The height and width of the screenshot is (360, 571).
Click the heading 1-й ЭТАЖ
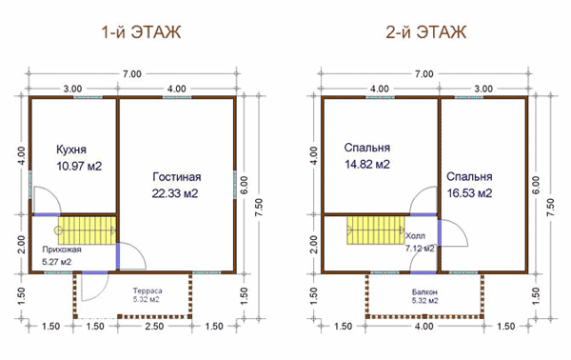click(x=141, y=32)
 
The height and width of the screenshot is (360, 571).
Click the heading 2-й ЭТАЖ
click(x=426, y=32)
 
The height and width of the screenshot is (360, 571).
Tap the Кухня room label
click(x=71, y=150)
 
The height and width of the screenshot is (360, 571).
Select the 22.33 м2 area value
click(x=175, y=193)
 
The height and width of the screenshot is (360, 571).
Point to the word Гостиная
click(x=177, y=177)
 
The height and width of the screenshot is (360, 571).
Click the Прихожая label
click(x=62, y=250)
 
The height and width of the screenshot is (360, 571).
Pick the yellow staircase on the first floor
click(x=88, y=230)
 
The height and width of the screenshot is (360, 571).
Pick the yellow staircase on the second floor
click(x=376, y=230)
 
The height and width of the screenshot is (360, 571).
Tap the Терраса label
click(x=148, y=291)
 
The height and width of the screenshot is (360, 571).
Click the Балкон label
click(x=424, y=292)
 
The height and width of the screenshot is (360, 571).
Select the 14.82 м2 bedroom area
click(x=367, y=165)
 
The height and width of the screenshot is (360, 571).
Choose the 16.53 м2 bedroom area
click(x=469, y=193)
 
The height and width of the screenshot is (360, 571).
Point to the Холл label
click(x=415, y=236)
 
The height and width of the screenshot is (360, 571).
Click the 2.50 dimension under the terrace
click(x=154, y=326)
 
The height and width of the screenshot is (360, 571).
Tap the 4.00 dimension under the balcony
click(x=424, y=326)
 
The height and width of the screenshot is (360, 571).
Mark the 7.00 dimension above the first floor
click(x=132, y=74)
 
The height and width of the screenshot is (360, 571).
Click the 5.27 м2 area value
click(x=56, y=262)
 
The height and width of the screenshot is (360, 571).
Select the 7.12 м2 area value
click(x=420, y=249)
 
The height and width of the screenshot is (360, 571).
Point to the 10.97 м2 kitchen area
click(x=79, y=166)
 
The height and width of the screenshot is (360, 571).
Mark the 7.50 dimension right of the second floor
click(x=551, y=207)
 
